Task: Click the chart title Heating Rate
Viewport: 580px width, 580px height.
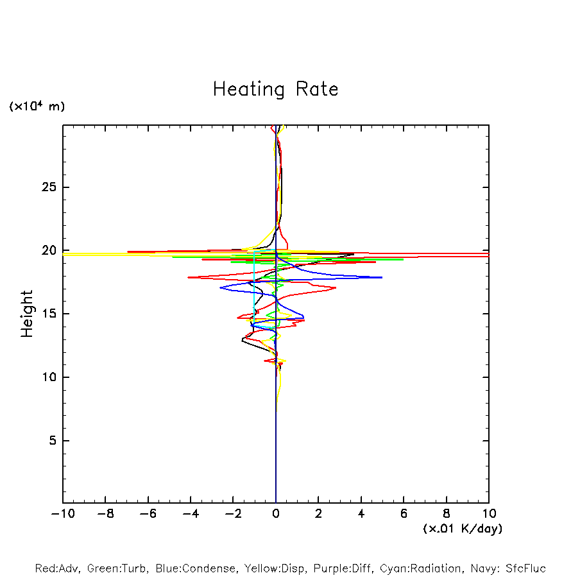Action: coord(275,89)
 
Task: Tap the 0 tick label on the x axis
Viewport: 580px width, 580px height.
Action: coord(276,514)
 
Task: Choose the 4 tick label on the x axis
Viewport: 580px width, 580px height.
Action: coord(361,514)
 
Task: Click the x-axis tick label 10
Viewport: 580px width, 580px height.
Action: coord(488,514)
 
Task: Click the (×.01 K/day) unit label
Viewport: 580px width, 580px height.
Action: coord(462,529)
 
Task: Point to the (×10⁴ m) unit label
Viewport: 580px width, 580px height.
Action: coord(37,107)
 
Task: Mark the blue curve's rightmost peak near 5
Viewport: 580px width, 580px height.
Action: coord(381,277)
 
